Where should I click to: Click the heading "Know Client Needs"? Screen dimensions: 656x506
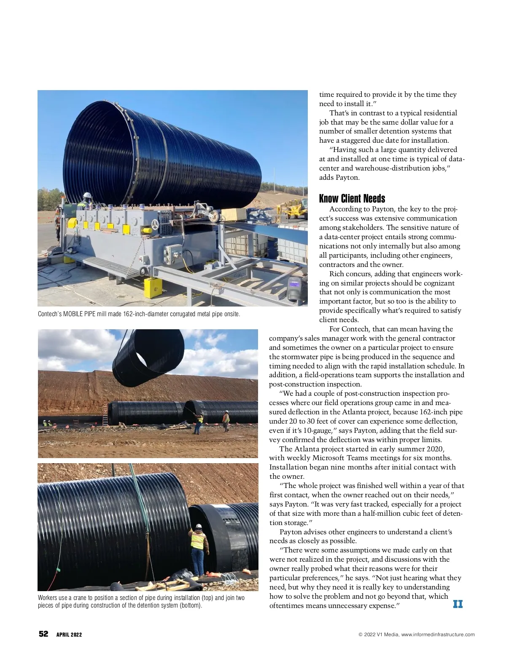352,199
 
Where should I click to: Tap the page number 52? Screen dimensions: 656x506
43,634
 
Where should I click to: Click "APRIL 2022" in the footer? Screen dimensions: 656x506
69,635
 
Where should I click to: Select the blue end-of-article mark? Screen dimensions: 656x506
458,604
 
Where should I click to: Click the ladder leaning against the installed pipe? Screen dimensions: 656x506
105,413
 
